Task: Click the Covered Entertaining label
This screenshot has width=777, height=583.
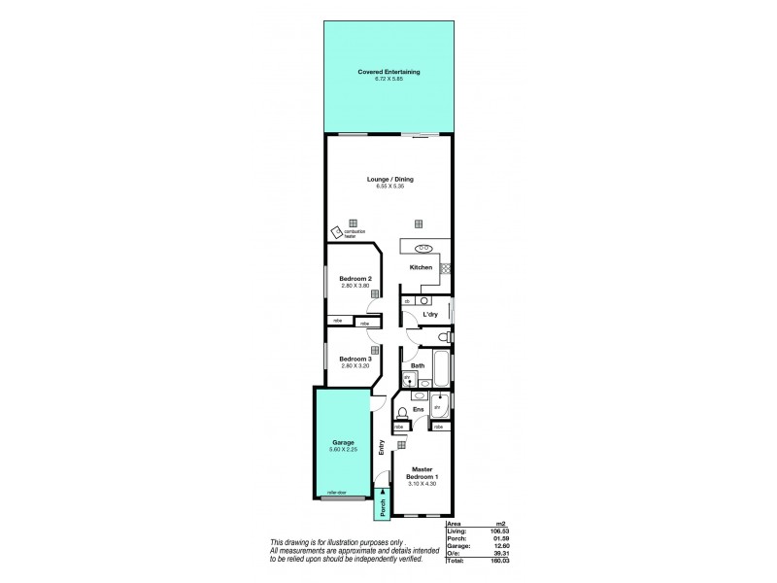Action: coord(388,72)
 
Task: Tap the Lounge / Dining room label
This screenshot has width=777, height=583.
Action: coord(388,179)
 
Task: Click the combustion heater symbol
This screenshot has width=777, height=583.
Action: coord(336,231)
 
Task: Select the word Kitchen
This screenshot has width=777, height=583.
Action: coord(420,267)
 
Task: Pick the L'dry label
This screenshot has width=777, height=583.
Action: coord(427,314)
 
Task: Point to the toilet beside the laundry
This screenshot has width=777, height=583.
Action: coord(442,336)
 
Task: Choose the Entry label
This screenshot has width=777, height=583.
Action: coord(382,448)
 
